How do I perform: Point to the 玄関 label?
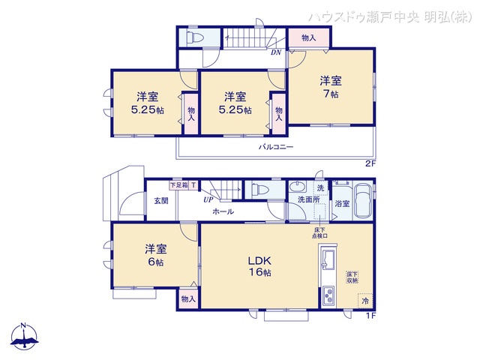click(x=161, y=200)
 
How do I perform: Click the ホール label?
click(x=223, y=211)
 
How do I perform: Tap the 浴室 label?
click(x=342, y=203)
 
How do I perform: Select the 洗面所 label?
click(x=308, y=200)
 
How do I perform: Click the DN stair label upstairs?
click(x=275, y=52)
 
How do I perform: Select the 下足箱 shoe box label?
click(x=178, y=184)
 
